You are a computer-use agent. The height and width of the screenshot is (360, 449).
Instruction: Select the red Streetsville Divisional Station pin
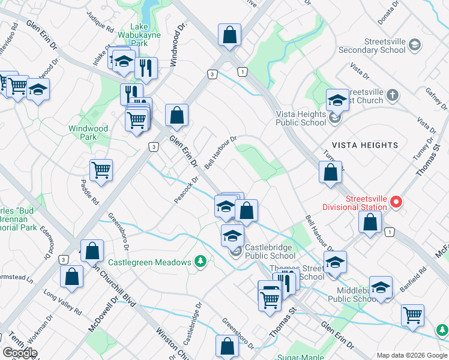(x=396, y=202)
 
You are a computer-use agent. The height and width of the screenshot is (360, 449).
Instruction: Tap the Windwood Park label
(x=88, y=133)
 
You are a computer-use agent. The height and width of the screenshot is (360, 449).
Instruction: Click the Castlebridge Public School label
(x=270, y=251)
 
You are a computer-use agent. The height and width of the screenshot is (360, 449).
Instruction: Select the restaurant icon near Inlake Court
(x=145, y=68)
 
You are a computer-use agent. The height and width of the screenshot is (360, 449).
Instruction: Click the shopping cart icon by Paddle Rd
(x=101, y=170)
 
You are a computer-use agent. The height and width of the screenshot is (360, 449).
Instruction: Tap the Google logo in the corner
(x=20, y=353)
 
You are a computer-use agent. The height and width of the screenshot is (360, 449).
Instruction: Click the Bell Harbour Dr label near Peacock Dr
(x=221, y=152)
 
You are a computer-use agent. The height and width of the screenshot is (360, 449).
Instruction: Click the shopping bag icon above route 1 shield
(x=229, y=35)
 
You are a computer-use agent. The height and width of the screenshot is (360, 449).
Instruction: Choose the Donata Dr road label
(x=389, y=12)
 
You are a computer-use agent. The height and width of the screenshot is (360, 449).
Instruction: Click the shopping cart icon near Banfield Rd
(x=412, y=314)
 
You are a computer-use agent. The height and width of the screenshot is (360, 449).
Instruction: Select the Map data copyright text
(x=412, y=355)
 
